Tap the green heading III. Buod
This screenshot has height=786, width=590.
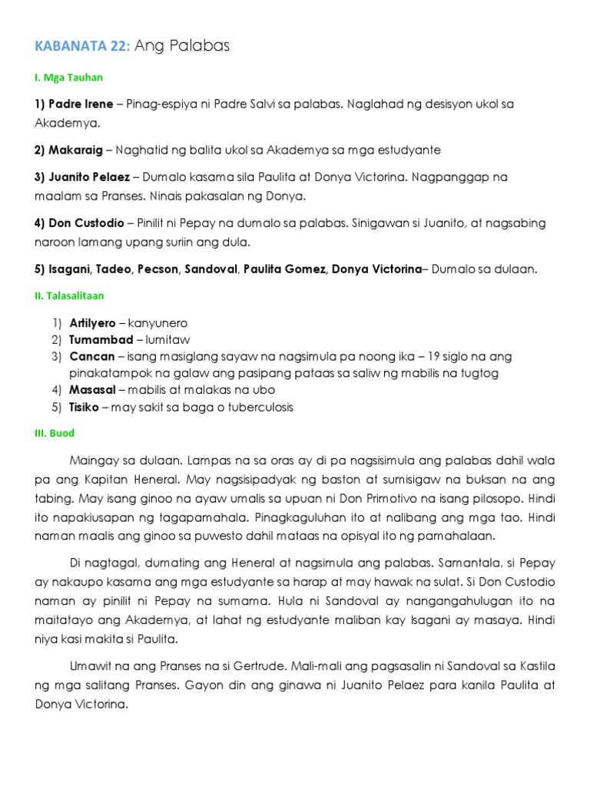[53, 433]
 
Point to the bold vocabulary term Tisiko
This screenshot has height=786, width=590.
[85, 407]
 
